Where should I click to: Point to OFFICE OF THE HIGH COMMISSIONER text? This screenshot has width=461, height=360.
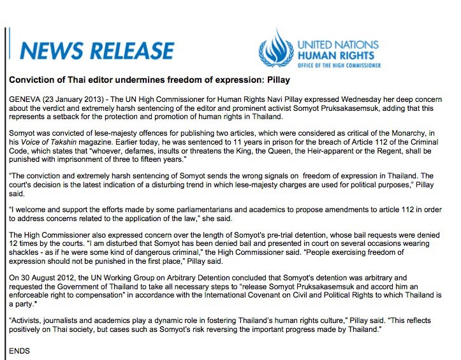click(339, 65)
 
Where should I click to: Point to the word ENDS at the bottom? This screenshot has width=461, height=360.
click(20, 350)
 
